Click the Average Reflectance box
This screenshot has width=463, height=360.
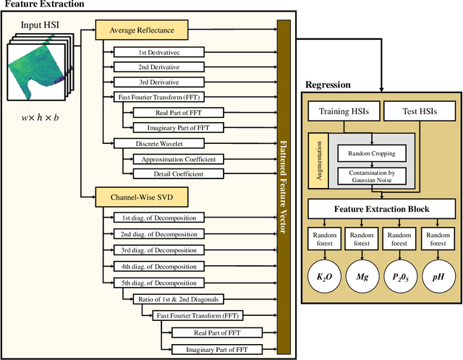143,30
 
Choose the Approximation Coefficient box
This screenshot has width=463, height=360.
178,158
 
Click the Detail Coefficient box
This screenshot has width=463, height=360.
178,173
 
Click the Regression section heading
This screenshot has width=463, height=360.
328,85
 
